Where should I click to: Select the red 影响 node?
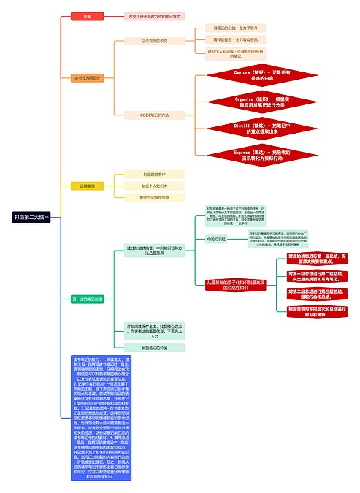pyautogui.click(x=87, y=15)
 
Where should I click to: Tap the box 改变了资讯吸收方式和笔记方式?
pyautogui.click(x=153, y=15)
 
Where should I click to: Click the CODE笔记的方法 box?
pyautogui.click(x=154, y=115)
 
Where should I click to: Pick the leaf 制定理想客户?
pyautogui.click(x=154, y=175)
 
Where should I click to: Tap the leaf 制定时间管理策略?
pyautogui.click(x=154, y=198)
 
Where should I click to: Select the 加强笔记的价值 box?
pyautogui.click(x=154, y=348)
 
